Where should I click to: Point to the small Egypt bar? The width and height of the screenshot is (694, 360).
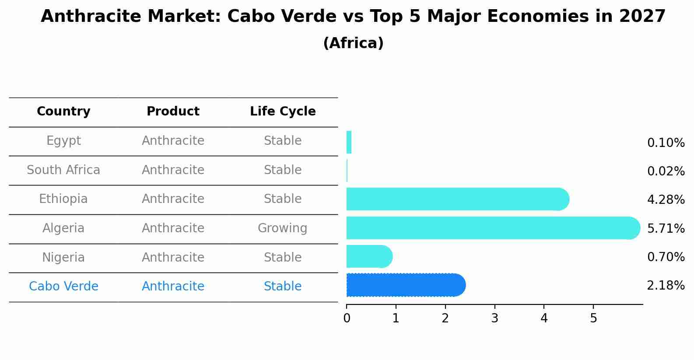pos(349,143)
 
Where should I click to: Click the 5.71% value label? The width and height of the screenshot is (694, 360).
pos(666,228)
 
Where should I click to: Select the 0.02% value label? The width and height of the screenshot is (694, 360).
pos(666,171)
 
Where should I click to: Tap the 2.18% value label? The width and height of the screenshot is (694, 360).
pos(666,286)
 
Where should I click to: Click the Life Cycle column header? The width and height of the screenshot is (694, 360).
pos(283,112)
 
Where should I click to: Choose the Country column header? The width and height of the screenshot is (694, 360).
pos(63,112)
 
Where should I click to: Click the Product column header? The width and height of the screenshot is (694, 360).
pos(173,112)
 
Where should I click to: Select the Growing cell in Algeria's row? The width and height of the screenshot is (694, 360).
pos(282,228)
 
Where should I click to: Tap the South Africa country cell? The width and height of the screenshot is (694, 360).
pos(63,170)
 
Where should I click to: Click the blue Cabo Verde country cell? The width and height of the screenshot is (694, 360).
pos(63,287)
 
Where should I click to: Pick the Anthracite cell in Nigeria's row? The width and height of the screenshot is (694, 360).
pos(173,257)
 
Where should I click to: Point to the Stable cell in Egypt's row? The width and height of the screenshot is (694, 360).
pos(282,141)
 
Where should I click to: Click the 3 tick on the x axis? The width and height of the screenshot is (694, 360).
pos(494,318)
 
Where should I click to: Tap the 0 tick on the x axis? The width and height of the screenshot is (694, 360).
pos(347,318)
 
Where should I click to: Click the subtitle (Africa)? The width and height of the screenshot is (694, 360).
pos(353,43)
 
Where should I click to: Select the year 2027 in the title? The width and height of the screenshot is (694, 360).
pos(642,17)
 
